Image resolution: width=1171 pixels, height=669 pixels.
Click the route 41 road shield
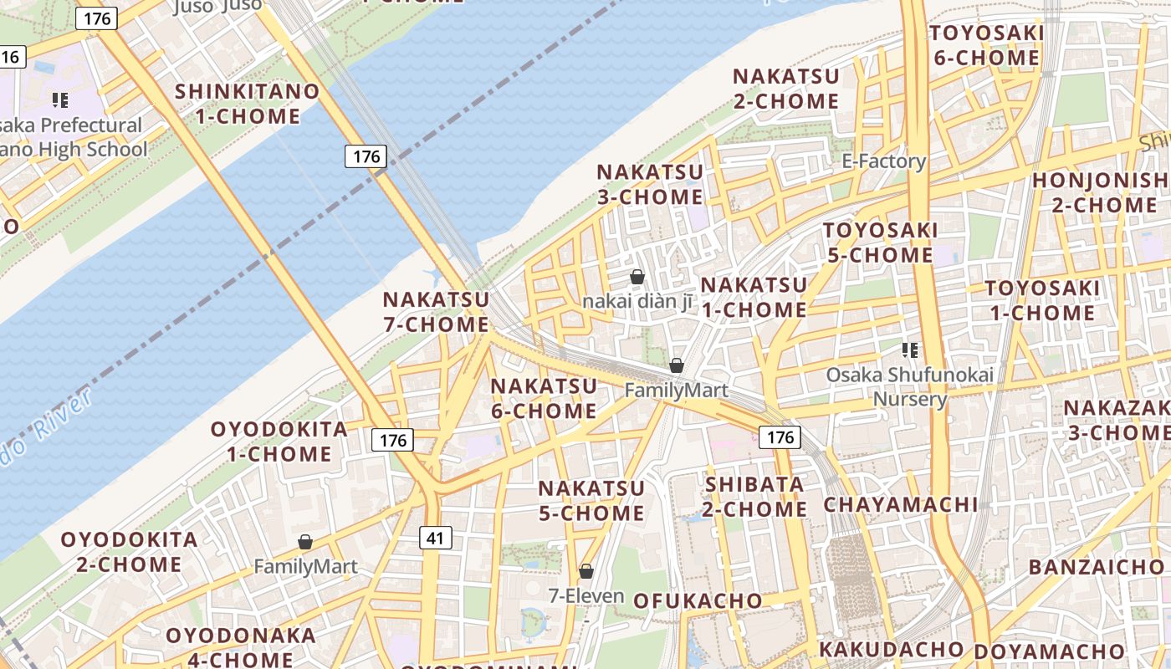pos(435,538)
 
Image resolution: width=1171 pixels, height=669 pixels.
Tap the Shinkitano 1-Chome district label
pos(248,104)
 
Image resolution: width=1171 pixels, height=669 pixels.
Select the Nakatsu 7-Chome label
pos(436,311)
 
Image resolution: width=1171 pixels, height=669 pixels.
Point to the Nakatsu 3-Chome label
pos(650,185)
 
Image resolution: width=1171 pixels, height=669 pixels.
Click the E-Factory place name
pos(884,161)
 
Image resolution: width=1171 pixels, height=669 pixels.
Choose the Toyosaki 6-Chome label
pos(986,45)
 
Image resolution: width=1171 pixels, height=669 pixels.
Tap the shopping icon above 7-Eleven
pos(586,571)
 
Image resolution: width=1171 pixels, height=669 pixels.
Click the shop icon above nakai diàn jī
pos(637,277)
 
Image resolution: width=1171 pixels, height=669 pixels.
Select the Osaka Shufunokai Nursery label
pos(910,386)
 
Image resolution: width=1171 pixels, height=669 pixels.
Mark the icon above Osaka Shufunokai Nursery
pos(910,350)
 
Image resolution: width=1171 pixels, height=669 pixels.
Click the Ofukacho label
pos(698,600)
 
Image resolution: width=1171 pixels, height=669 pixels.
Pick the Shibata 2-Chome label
pos(755,497)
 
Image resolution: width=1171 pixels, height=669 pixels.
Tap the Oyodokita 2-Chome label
pos(130,552)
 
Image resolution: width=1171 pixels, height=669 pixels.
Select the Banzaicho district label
pos(1096,567)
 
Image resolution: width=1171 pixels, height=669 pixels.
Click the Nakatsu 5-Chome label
pos(591,500)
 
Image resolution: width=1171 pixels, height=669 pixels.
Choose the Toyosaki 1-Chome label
pos(1041,301)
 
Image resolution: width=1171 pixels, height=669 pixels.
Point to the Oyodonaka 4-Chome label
pos(228,647)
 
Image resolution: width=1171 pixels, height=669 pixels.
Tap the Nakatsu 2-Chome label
pos(786,89)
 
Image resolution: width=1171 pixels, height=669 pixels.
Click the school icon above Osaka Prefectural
pos(59,101)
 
